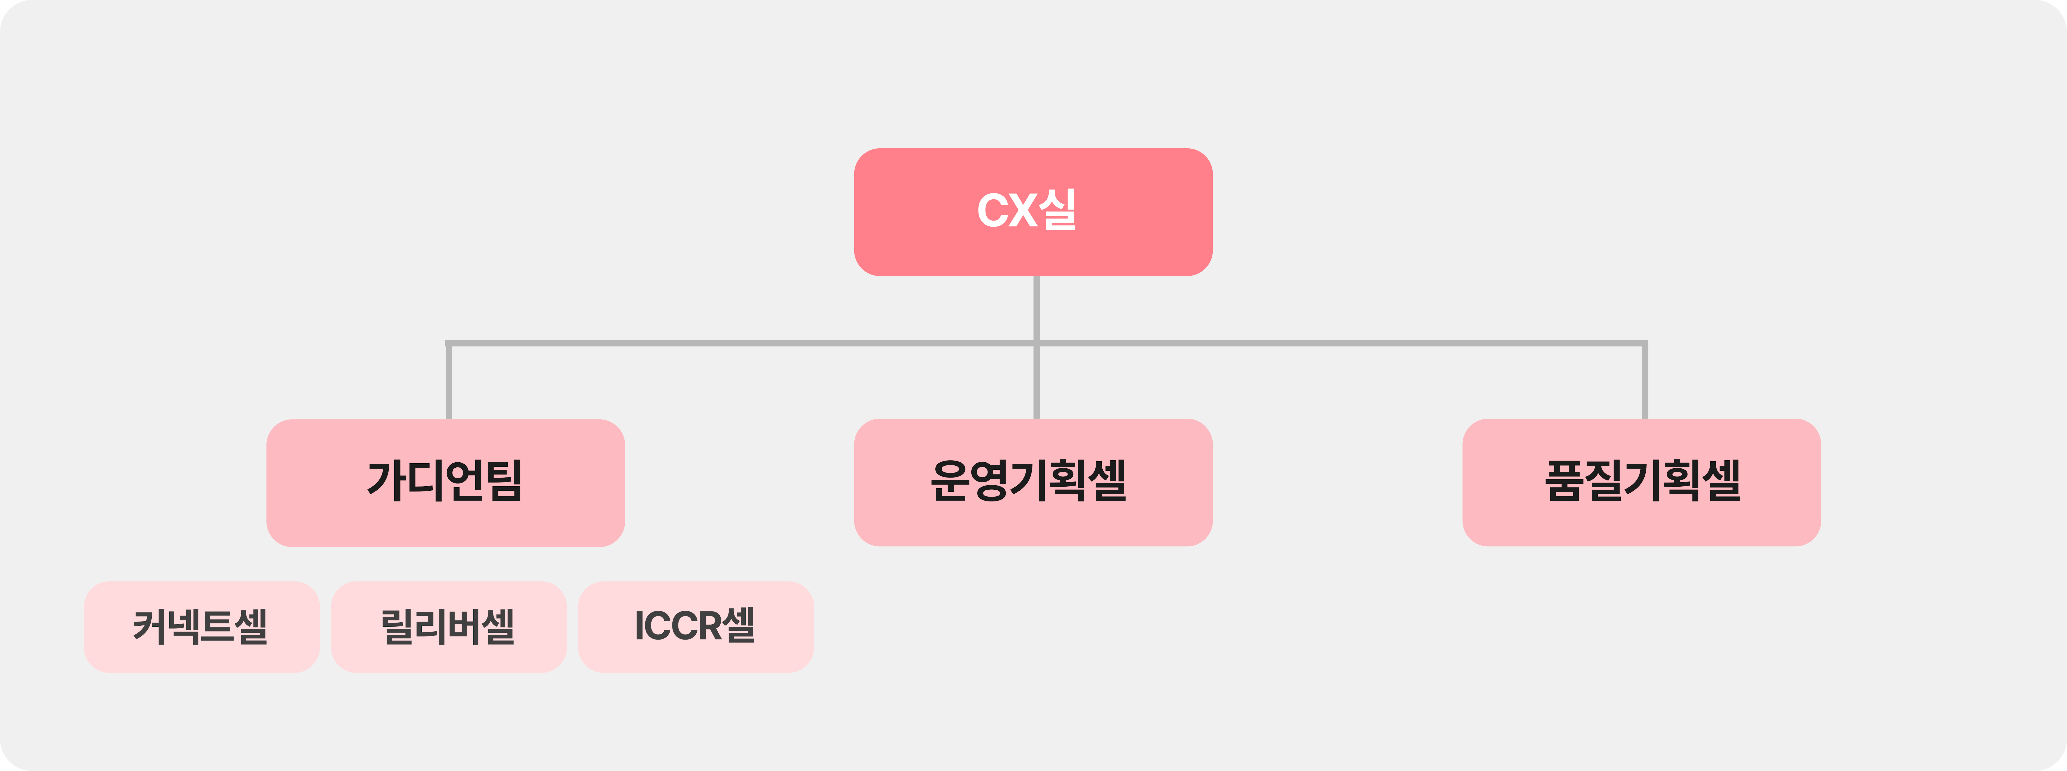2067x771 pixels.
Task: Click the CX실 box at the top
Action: point(1033,212)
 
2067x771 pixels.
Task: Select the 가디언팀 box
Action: point(445,483)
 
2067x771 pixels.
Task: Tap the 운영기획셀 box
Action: point(1033,482)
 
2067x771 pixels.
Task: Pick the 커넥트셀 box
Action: point(201,627)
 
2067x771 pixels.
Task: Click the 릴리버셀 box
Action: point(449,627)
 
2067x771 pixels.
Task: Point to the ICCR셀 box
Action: point(696,627)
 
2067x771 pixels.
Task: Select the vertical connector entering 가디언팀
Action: point(449,381)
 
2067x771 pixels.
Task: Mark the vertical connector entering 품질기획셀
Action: point(1645,381)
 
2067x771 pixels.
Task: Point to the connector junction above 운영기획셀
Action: point(1037,343)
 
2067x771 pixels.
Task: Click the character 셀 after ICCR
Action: point(738,625)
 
